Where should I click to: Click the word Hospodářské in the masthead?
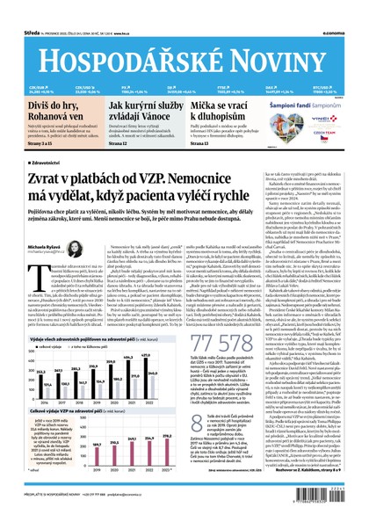tap(119, 51)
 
